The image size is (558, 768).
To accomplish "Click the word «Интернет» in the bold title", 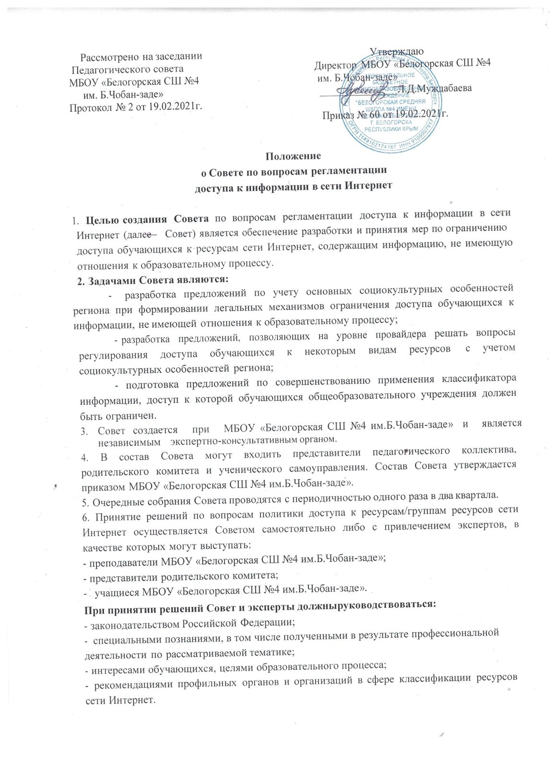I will coord(370,185).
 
